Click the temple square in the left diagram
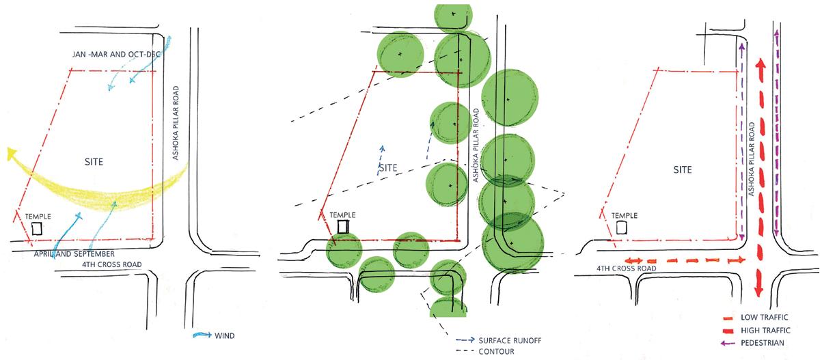point(37,228)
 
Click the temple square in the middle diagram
point(344,225)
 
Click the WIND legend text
point(225,335)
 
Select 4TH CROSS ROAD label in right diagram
point(626,269)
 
